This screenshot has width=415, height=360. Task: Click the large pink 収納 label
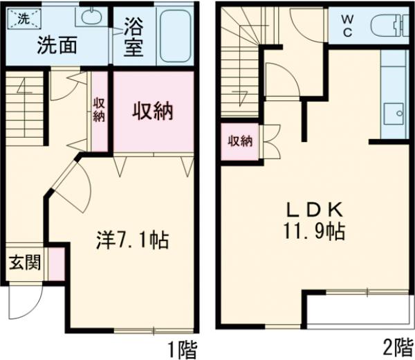(153, 111)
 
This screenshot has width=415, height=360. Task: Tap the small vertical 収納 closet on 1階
(100, 109)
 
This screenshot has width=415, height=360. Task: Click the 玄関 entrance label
(25, 263)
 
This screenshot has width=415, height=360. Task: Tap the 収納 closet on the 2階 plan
(240, 141)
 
